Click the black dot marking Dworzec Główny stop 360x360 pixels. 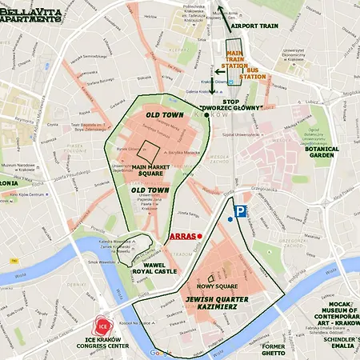206,115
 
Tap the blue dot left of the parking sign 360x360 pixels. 230,218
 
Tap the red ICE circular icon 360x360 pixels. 102,326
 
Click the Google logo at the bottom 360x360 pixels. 160,352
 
